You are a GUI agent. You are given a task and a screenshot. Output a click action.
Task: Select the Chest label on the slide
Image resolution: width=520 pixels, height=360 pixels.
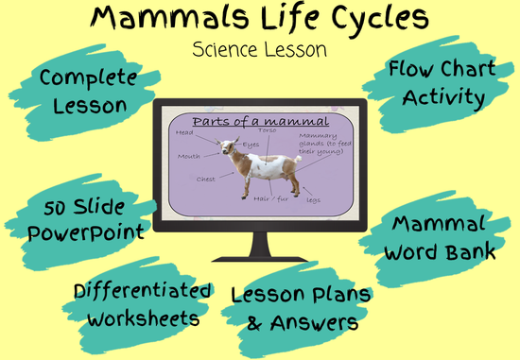click(206, 177)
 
